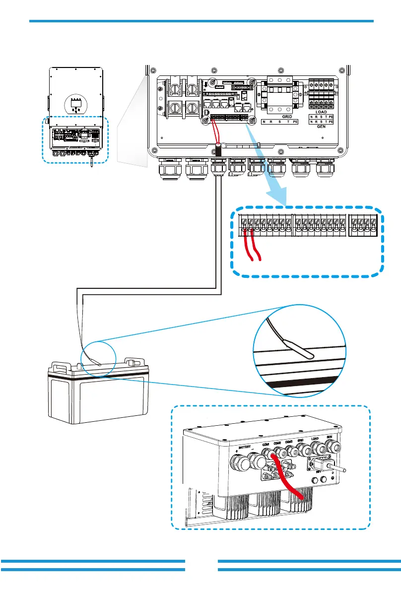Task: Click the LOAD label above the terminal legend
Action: (x=321, y=112)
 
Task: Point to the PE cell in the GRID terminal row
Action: (x=295, y=121)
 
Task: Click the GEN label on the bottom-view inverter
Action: (x=329, y=437)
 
